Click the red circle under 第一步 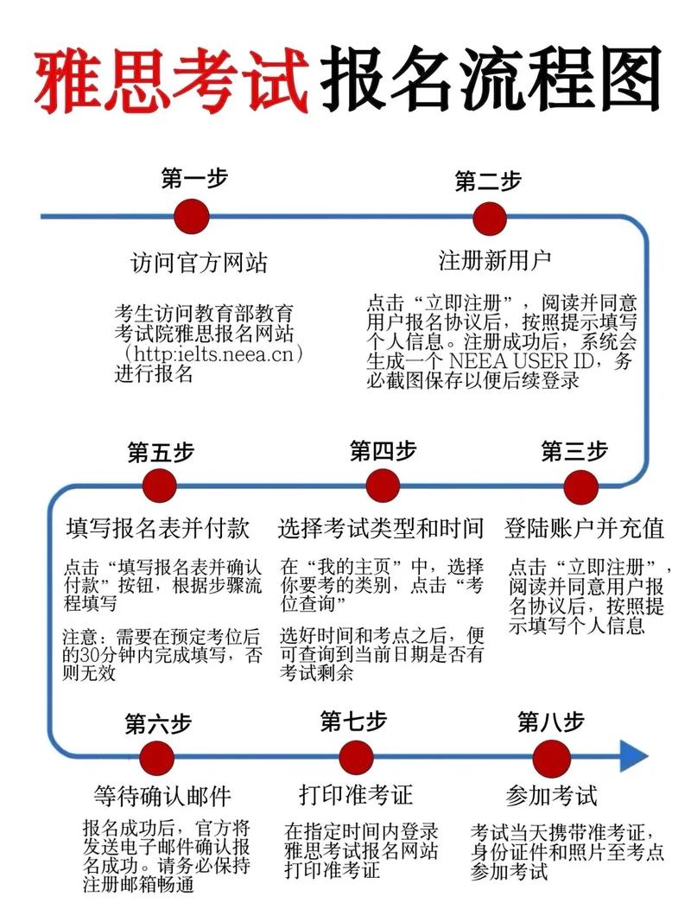pyautogui.click(x=192, y=216)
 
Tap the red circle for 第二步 pyautogui.click(x=490, y=219)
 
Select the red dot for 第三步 pyautogui.click(x=580, y=486)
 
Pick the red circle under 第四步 pyautogui.click(x=383, y=486)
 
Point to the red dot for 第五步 pyautogui.click(x=160, y=486)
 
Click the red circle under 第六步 pyautogui.click(x=157, y=757)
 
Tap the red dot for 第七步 pyautogui.click(x=357, y=756)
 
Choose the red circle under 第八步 pyautogui.click(x=551, y=757)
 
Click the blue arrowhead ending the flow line pyautogui.click(x=634, y=755)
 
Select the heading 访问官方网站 pyautogui.click(x=200, y=263)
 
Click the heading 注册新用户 pyautogui.click(x=495, y=260)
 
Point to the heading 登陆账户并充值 pyautogui.click(x=585, y=528)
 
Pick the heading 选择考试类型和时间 pyautogui.click(x=381, y=528)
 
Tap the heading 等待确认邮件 pyautogui.click(x=162, y=796)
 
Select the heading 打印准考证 pyautogui.click(x=356, y=794)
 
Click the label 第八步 pyautogui.click(x=551, y=722)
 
